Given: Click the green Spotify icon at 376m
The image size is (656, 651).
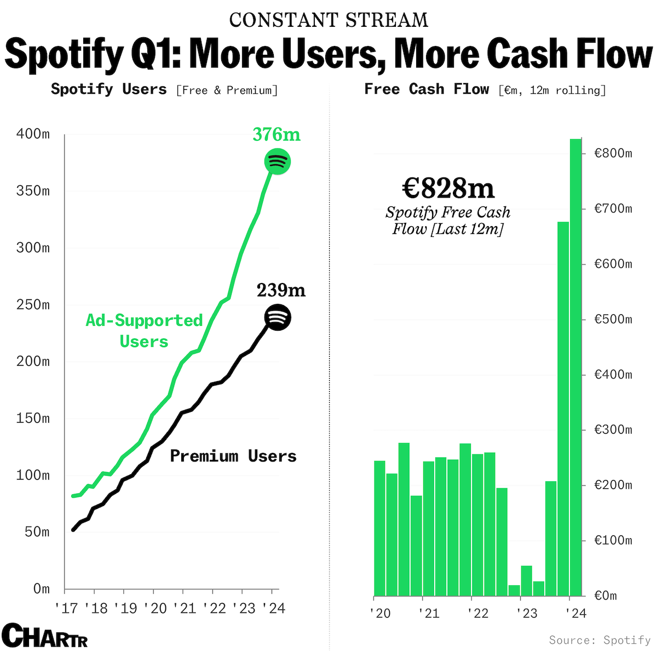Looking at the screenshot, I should [x=278, y=162].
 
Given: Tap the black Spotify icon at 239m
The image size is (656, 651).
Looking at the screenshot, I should [x=278, y=318].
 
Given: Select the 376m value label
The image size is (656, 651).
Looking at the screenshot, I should [x=277, y=135].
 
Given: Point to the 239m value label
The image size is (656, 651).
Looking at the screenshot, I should [x=281, y=290].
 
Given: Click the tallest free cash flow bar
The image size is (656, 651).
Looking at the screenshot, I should [x=576, y=367].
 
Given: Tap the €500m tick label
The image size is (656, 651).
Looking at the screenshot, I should [x=613, y=319].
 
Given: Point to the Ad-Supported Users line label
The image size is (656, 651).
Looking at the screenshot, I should [x=144, y=331].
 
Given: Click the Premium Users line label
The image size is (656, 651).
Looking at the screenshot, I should [x=233, y=456].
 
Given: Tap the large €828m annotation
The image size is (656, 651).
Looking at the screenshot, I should [x=448, y=188].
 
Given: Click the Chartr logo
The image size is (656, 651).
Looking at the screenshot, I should [x=44, y=636].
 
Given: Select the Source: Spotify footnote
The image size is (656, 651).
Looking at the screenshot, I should [x=600, y=640].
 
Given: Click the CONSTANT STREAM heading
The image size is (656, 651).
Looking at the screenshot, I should [x=329, y=20].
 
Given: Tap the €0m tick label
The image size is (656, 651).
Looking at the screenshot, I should [x=606, y=596].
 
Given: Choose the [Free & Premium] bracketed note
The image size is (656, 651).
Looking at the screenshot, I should [x=227, y=90].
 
